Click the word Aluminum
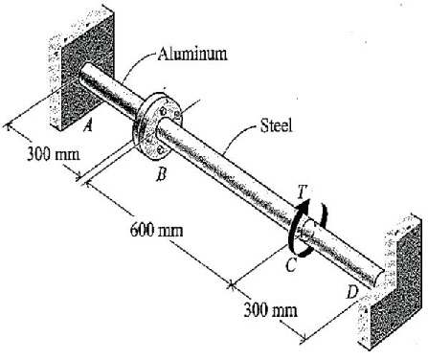[x=193, y=53]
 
